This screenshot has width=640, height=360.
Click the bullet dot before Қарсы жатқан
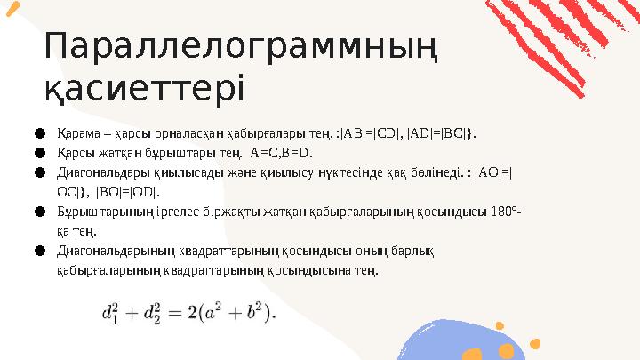tap(40, 151)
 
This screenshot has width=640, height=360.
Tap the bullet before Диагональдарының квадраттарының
tap(40, 250)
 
